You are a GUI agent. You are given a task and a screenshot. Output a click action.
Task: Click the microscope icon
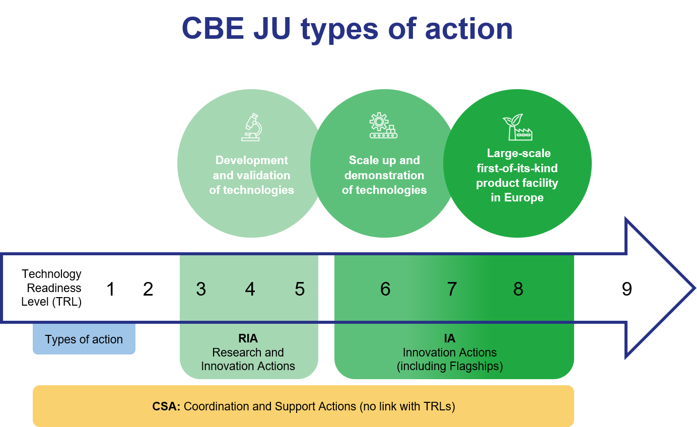pos(251,127)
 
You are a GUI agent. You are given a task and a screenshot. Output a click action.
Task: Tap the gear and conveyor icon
pos(384,126)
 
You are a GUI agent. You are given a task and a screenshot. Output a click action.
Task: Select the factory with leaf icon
pos(517,127)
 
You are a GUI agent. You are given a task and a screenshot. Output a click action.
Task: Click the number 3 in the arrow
pos(201,289)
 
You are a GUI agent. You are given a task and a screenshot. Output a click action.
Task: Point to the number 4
pos(250,289)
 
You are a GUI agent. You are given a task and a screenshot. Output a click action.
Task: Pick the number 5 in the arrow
pos(300,289)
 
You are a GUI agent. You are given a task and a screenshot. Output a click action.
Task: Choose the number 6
pos(385,289)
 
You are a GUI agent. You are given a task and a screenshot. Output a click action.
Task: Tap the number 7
pos(452,289)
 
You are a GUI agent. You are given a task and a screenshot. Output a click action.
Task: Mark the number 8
pos(518,289)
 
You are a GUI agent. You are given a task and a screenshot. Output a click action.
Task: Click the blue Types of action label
pos(84,339)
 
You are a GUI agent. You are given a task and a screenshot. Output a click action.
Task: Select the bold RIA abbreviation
pos(248,338)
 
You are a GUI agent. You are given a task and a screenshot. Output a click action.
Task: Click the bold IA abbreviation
pos(450,338)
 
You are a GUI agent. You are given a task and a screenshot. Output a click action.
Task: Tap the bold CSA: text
pos(166,406)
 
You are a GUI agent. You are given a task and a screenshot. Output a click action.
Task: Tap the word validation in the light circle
pos(265,175)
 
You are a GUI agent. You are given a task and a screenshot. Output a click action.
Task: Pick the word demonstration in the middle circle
pos(384,175)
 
